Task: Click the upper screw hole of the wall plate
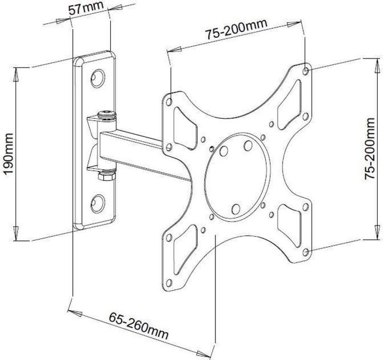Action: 97,78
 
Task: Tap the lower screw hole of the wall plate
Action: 97,200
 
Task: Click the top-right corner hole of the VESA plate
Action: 305,70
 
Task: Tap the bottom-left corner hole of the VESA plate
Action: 169,282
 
